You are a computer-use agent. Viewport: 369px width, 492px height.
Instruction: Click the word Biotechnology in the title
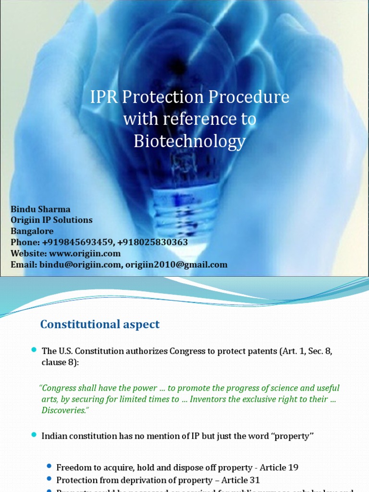point(189,141)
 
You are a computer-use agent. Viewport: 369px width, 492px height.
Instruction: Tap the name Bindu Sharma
point(40,209)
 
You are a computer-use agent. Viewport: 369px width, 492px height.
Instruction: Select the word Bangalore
point(32,231)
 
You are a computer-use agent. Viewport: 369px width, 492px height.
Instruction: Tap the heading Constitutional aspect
point(100,324)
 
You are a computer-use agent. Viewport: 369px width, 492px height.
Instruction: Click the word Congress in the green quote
point(61,388)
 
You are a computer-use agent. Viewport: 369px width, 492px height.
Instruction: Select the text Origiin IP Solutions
point(51,220)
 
